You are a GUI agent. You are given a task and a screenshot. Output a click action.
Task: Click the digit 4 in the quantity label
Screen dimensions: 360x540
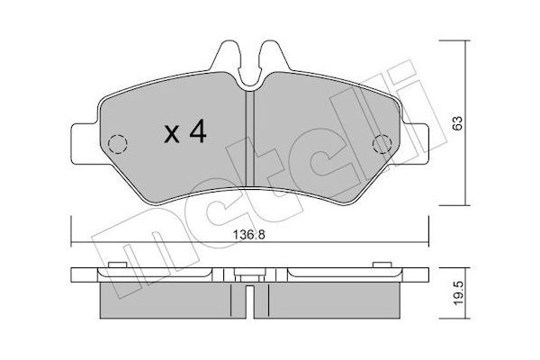[198, 133]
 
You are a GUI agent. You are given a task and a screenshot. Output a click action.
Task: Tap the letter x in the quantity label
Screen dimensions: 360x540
[171, 135]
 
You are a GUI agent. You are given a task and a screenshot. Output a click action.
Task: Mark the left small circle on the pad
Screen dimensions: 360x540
[115, 144]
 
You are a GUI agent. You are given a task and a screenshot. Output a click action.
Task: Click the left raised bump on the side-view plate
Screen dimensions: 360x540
[114, 264]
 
